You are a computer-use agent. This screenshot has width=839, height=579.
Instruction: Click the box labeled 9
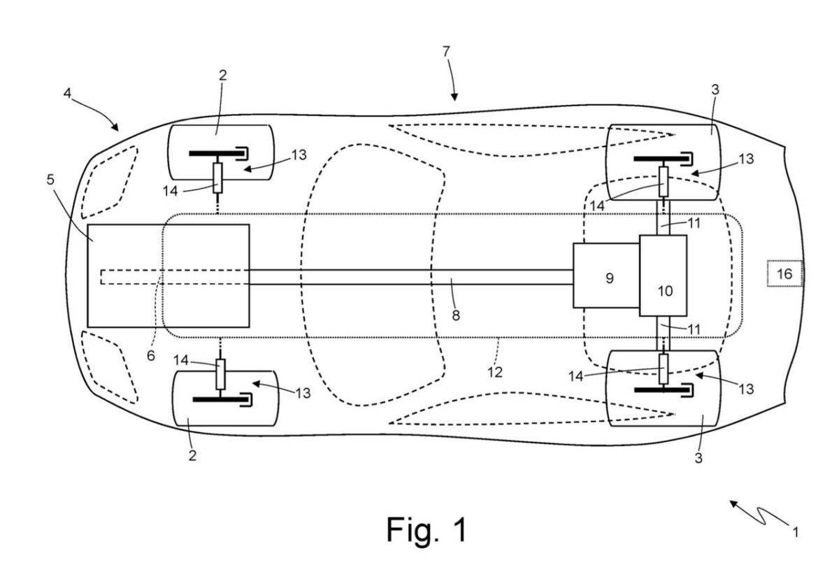click(606, 276)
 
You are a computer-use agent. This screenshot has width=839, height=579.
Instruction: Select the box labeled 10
click(663, 276)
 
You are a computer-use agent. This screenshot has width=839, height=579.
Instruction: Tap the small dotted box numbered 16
click(784, 273)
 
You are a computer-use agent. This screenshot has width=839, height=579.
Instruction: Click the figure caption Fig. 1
click(426, 529)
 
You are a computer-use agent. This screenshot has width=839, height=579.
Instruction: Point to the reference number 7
click(446, 52)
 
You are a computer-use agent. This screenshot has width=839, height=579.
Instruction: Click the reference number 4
click(67, 93)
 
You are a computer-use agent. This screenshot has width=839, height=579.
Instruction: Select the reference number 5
click(50, 180)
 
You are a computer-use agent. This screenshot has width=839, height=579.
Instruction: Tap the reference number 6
click(151, 355)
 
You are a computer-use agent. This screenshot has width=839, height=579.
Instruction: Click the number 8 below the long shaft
click(456, 315)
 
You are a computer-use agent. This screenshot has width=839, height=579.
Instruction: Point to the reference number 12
click(495, 372)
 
